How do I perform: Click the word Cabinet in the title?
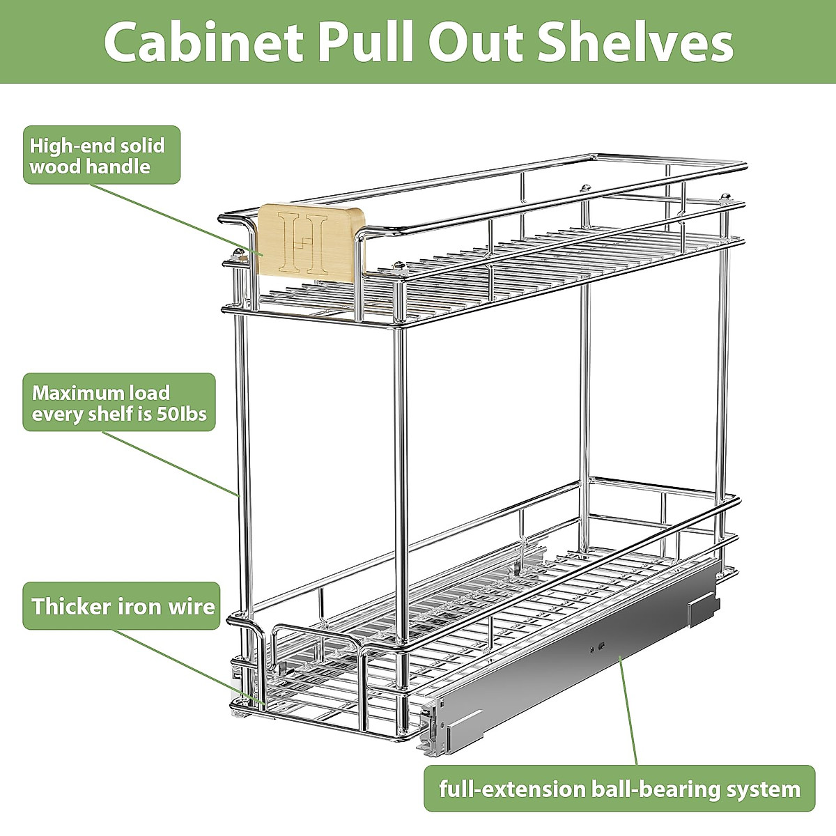coord(204,43)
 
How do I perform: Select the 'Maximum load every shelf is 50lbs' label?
coord(119,402)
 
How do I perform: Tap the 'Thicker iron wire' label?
coord(123,606)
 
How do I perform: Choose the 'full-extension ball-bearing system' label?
coord(619,789)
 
